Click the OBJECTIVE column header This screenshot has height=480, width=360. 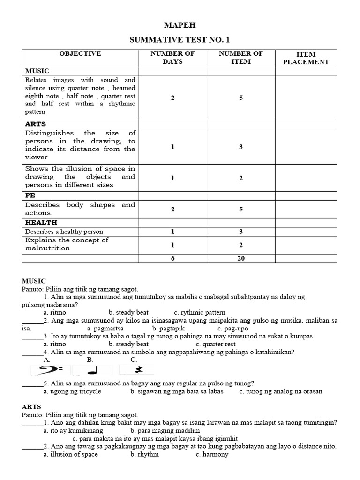[80, 54]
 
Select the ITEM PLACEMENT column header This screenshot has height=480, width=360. [306, 58]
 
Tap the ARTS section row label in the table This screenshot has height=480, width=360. [36, 124]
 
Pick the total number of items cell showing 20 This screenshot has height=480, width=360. [241, 258]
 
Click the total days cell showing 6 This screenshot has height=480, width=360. [172, 258]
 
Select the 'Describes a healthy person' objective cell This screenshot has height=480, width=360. [64, 232]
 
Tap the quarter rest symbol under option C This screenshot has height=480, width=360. [138, 370]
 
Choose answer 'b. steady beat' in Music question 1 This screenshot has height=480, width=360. [128, 312]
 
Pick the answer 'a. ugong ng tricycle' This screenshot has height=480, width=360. [72, 391]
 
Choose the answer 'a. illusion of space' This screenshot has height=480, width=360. [71, 454]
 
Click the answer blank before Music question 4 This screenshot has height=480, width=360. [32, 352]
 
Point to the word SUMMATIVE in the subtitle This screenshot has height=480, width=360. [157, 40]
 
